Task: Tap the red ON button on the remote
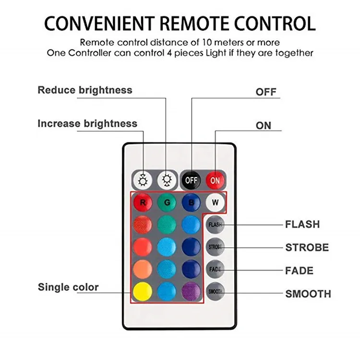point(215,180)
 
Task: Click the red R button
point(143,202)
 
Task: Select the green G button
point(167,202)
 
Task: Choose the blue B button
point(191,202)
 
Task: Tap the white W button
point(215,202)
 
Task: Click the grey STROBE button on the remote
point(215,247)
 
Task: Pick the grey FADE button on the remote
point(215,269)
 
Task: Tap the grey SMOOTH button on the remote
point(215,291)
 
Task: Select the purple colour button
point(191,291)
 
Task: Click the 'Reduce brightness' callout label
point(85,90)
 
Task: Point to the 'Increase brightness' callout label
point(87,123)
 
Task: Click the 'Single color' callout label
point(68,287)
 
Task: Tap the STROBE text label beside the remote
point(307,248)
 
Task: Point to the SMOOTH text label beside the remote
point(308,294)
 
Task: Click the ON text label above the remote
point(264,126)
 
